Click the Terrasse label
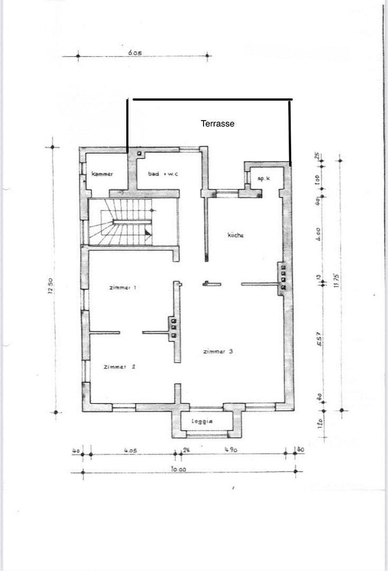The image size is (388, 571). (217, 123)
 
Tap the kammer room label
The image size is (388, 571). (102, 174)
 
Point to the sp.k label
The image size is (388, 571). (264, 179)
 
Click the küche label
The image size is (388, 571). (236, 235)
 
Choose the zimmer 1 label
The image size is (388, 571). (123, 288)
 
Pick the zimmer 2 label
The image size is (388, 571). (120, 366)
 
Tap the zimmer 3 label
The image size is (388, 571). (218, 351)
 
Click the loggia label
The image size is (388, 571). (202, 422)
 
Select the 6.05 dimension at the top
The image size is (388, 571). (135, 53)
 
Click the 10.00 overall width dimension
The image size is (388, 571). (179, 469)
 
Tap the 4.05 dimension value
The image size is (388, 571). (131, 450)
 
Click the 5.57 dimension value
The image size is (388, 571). (319, 343)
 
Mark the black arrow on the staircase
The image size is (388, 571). (148, 232)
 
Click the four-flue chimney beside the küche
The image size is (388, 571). (283, 275)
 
